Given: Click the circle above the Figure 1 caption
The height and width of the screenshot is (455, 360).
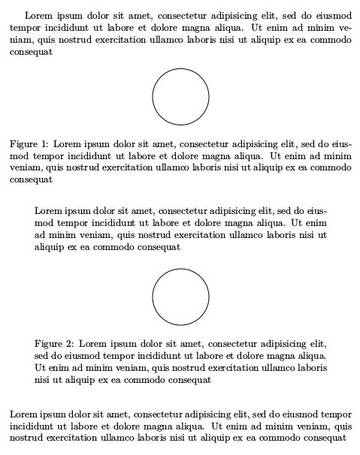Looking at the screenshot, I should coord(180,96).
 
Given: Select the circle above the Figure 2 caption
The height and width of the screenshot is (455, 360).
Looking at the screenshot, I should coord(180,297).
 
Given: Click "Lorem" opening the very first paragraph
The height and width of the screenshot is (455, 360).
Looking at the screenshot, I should coord(39,16).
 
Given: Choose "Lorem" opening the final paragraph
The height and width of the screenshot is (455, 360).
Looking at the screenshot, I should coord(24,414).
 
